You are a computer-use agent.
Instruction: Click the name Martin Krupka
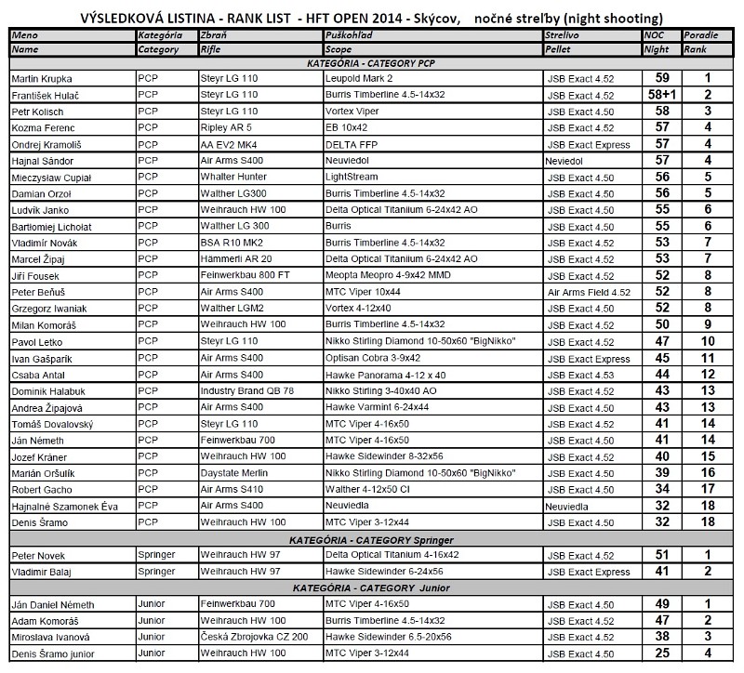point(42,79)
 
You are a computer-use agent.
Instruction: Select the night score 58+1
point(662,95)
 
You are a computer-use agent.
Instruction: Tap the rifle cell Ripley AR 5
point(226,128)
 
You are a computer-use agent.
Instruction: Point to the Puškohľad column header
point(351,34)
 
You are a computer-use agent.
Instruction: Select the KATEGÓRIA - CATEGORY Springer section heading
point(372,540)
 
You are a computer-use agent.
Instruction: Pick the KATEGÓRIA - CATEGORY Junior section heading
point(372,588)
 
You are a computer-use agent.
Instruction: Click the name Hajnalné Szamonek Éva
point(65,506)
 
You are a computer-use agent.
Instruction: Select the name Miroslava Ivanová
point(50,638)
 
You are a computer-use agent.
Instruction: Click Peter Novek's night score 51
point(662,555)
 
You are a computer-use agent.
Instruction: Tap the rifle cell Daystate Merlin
point(233,473)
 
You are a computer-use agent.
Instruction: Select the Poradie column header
point(699,34)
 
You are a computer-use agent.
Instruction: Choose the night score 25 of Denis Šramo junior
point(662,654)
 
